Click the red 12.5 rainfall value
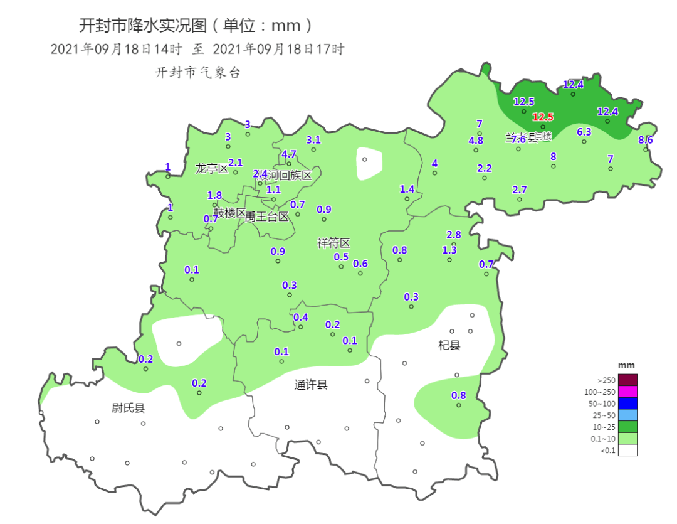pyautogui.click(x=543, y=117)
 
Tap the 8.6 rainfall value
pyautogui.click(x=646, y=140)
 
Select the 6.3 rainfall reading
pyautogui.click(x=584, y=132)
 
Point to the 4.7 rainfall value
pyautogui.click(x=289, y=154)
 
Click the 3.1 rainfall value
pyautogui.click(x=313, y=140)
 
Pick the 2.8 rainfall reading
pyautogui.click(x=454, y=235)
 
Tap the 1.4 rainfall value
pyautogui.click(x=407, y=189)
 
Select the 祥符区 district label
pyautogui.click(x=333, y=243)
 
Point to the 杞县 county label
pyautogui.click(x=449, y=345)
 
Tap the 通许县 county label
pyautogui.click(x=311, y=385)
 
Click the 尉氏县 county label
pyautogui.click(x=129, y=408)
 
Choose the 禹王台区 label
pyautogui.click(x=267, y=217)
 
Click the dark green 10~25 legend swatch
pyautogui.click(x=627, y=427)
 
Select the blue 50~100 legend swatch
pyautogui.click(x=627, y=403)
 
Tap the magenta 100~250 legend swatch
pyautogui.click(x=627, y=392)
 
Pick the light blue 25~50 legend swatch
pyautogui.click(x=627, y=415)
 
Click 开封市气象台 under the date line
pyautogui.click(x=197, y=73)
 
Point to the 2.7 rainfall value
pyautogui.click(x=520, y=190)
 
